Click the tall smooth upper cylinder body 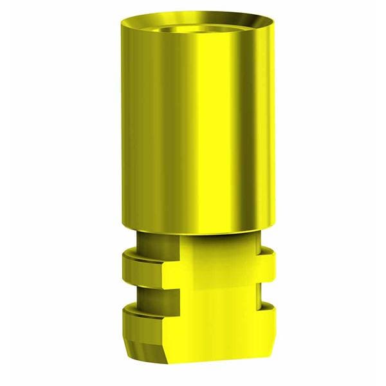click(193, 129)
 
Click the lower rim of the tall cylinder click(193, 230)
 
